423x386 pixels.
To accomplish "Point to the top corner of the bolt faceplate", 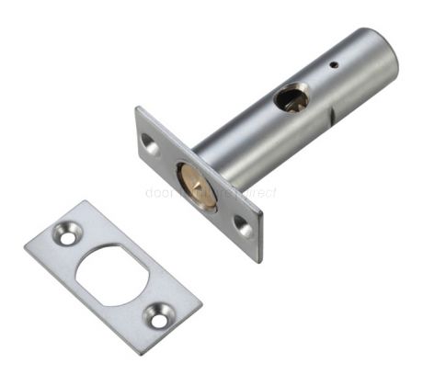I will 138,108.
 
